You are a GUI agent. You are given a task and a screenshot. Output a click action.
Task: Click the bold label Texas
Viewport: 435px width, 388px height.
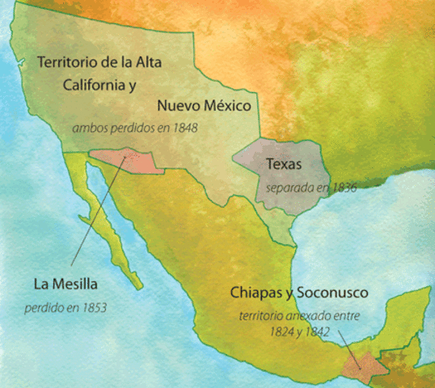(x=284, y=165)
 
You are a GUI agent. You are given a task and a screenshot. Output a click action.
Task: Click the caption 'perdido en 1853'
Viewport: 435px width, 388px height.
(x=65, y=307)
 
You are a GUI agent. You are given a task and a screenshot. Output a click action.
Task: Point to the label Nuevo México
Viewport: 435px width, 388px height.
(x=205, y=106)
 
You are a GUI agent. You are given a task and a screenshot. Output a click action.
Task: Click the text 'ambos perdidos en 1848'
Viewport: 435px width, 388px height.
(x=135, y=128)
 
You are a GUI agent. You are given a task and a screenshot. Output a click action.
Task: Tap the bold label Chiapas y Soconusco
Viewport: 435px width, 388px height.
(x=299, y=293)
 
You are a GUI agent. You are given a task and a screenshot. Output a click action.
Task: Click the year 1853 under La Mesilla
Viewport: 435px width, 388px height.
(x=93, y=307)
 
